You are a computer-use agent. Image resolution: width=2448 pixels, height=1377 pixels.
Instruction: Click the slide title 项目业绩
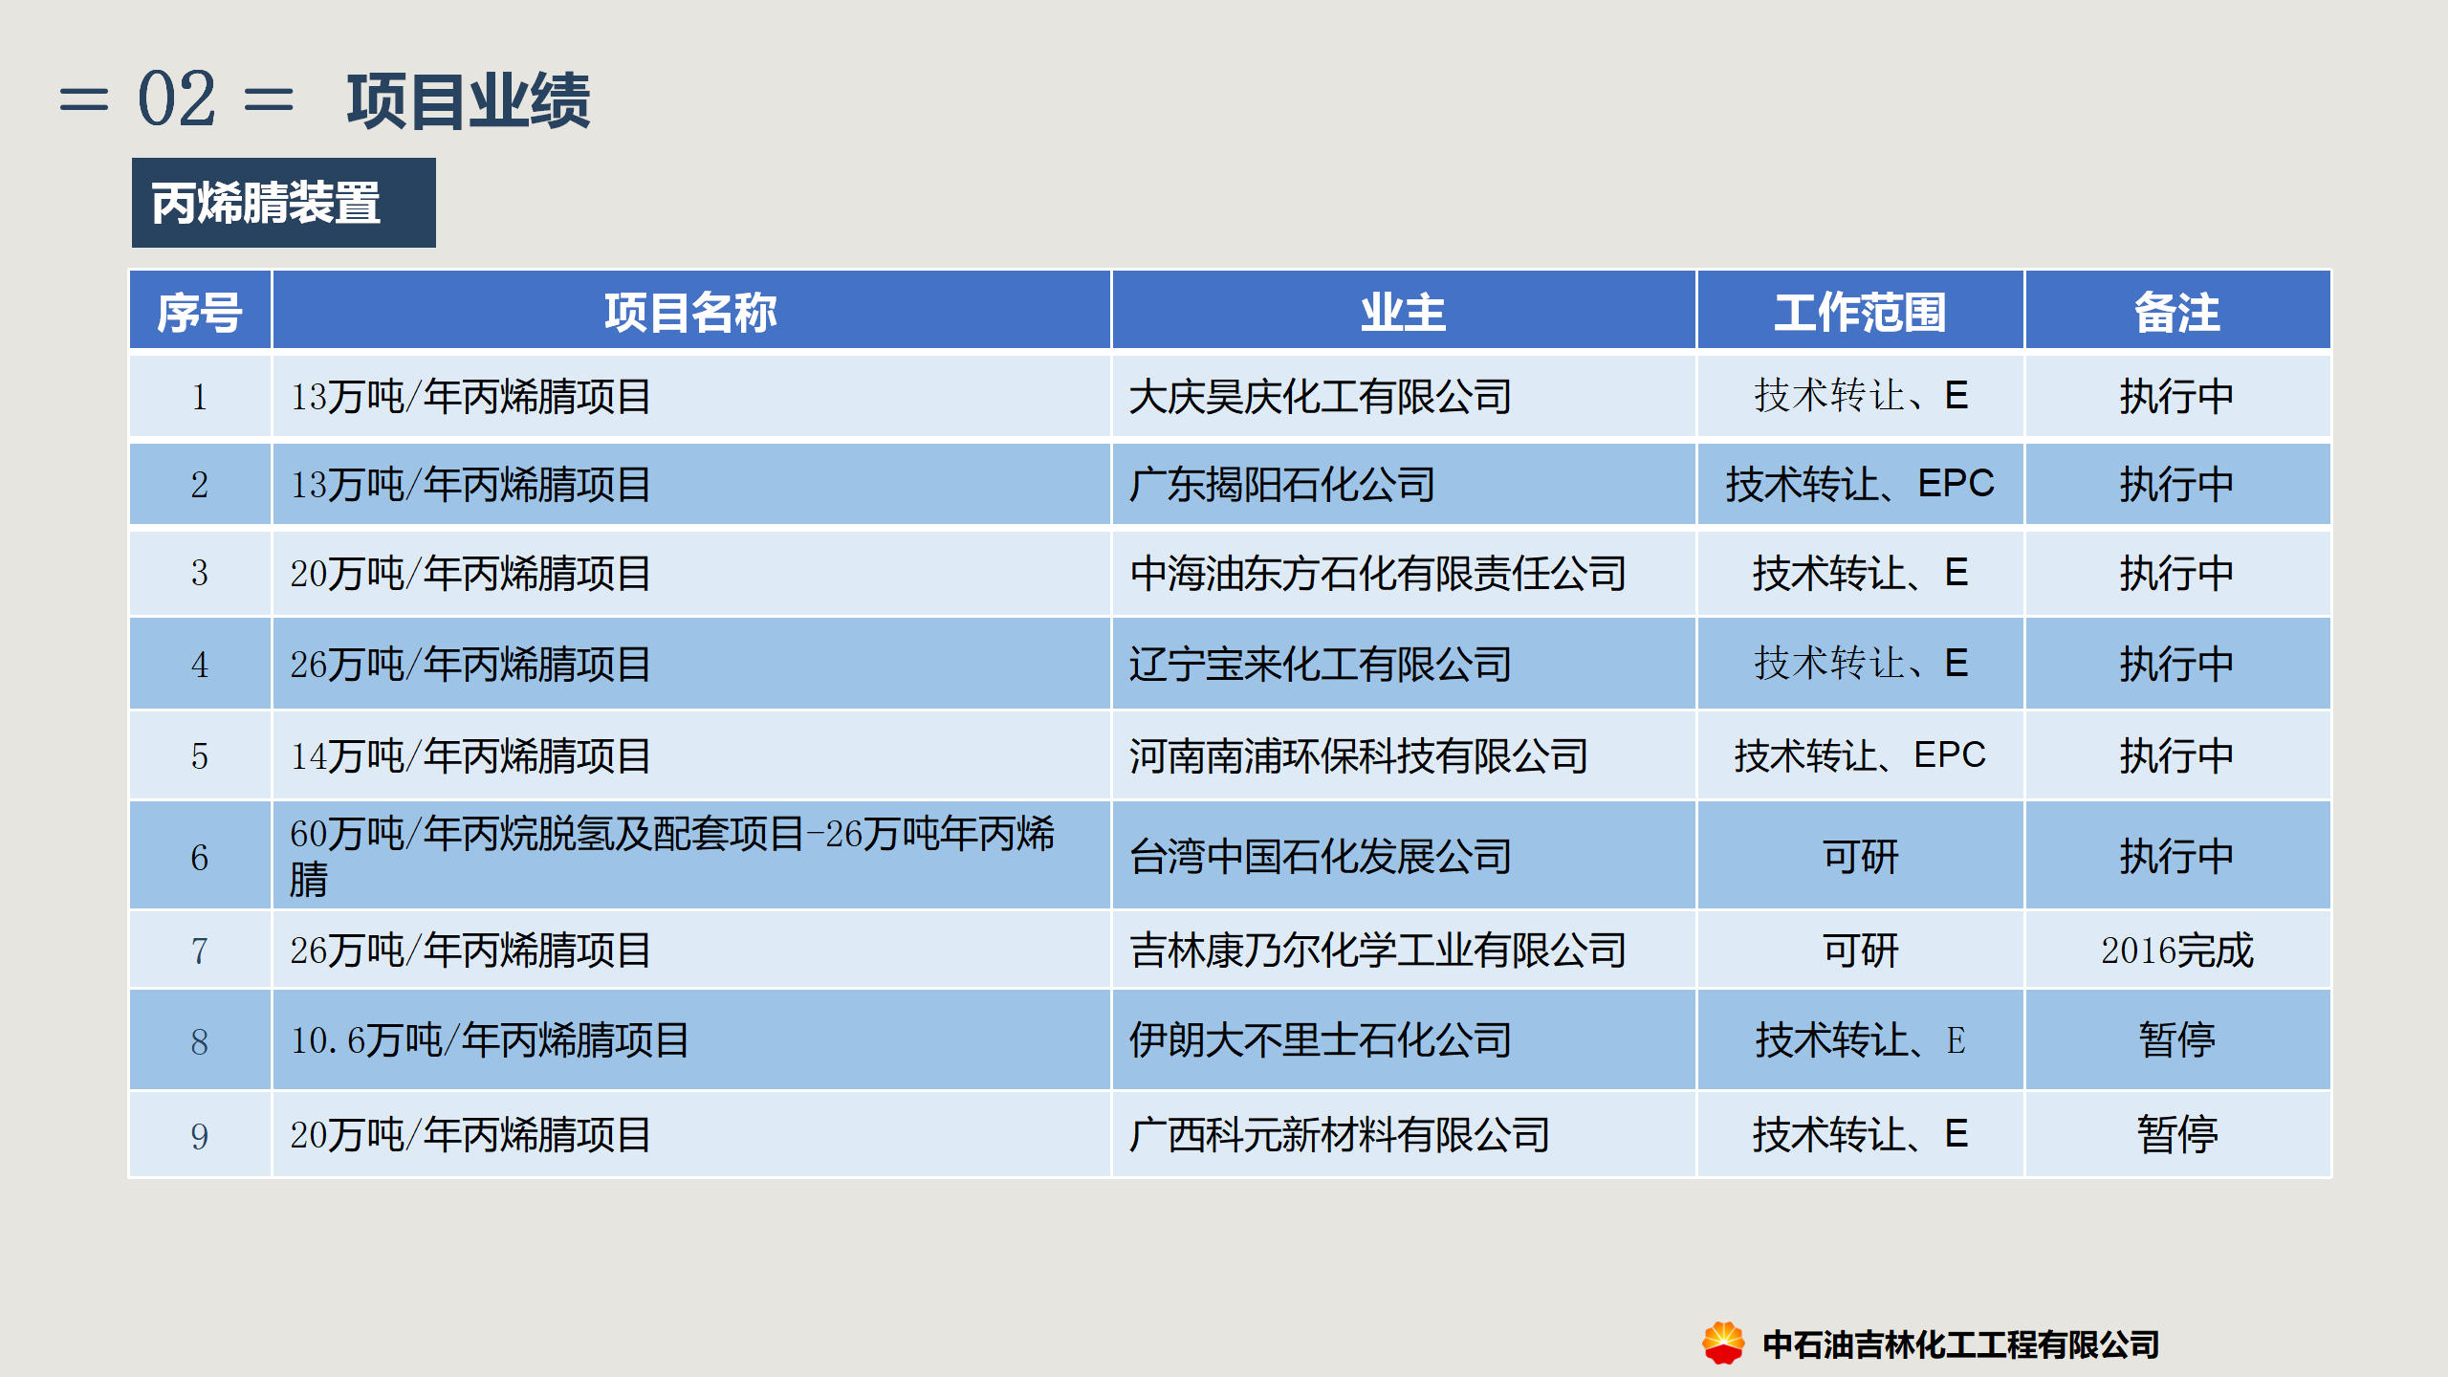(469, 100)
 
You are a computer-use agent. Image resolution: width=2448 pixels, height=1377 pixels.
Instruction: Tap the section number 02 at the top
(177, 98)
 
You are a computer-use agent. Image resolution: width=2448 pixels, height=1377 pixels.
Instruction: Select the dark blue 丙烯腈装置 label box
(284, 203)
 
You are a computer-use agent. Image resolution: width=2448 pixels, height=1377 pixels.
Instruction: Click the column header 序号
(200, 313)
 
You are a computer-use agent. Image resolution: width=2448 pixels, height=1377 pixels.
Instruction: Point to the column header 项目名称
(690, 313)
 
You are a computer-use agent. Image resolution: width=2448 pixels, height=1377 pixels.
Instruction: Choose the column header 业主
(1403, 313)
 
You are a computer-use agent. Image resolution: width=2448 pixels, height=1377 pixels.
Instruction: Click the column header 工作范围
(1860, 313)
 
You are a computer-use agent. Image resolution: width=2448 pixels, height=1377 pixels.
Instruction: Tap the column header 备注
(2177, 313)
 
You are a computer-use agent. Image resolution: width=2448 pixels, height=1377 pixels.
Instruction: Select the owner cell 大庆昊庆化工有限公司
(1320, 397)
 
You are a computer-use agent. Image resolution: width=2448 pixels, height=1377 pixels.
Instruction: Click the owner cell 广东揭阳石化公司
(1281, 485)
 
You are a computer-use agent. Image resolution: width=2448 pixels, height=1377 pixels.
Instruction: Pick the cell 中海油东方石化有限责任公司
(1377, 574)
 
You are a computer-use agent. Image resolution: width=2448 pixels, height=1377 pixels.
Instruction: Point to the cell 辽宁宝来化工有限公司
(1320, 665)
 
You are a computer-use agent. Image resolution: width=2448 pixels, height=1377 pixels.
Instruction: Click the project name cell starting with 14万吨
(470, 756)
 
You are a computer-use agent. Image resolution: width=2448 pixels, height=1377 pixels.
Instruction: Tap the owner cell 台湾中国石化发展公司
(1320, 857)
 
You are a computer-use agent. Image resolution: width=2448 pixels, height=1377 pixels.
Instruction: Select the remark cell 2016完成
(2177, 951)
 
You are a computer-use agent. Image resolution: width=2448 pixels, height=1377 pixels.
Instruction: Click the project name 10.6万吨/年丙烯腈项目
(490, 1040)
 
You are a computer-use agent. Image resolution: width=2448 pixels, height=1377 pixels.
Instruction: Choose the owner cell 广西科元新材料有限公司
(1339, 1135)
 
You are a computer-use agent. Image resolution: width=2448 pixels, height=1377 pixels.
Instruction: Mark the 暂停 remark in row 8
(2177, 1040)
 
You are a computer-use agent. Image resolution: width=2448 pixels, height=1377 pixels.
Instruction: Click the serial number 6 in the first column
(200, 858)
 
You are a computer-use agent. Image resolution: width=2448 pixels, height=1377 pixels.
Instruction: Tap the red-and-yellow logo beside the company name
(1723, 1343)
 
